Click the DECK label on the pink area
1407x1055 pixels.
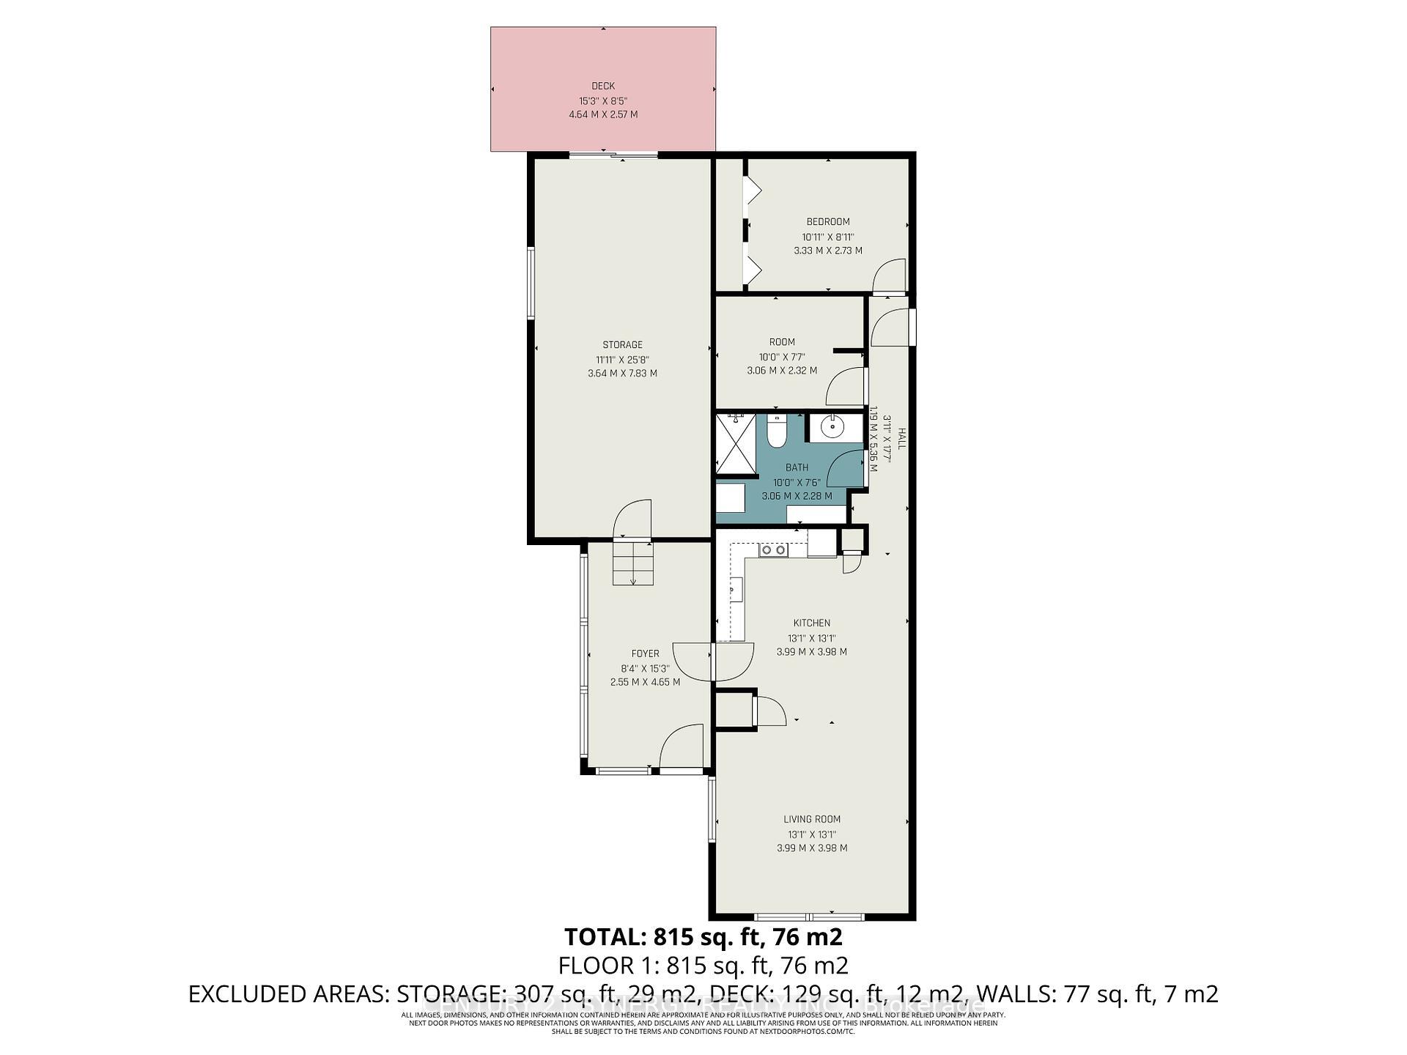point(603,86)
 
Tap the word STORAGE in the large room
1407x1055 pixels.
point(622,345)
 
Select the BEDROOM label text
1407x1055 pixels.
point(828,222)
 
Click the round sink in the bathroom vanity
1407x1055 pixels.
point(834,426)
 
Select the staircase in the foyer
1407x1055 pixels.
point(632,564)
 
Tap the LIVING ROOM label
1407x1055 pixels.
point(812,820)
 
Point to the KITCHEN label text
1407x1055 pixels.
point(812,623)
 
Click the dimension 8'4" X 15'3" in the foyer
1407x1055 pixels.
point(645,668)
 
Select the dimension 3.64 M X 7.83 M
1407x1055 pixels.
point(622,373)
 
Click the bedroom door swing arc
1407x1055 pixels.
point(888,275)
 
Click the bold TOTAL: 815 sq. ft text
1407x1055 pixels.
point(702,937)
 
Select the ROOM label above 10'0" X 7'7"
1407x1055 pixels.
point(782,342)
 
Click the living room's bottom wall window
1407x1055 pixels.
point(810,917)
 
